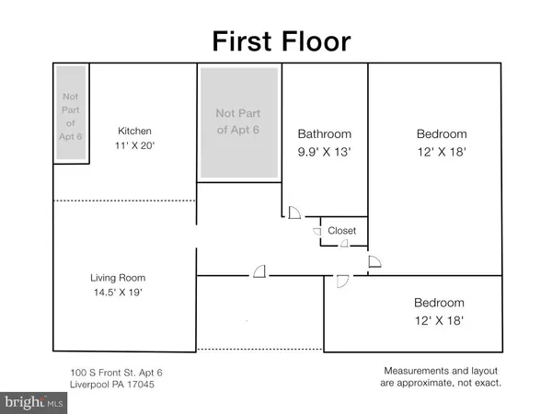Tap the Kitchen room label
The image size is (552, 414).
tap(134, 132)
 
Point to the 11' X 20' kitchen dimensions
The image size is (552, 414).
tap(134, 146)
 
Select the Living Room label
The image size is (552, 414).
tap(118, 278)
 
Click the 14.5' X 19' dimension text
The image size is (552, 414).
tap(118, 293)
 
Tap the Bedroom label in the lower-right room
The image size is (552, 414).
tap(439, 303)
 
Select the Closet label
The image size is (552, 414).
tap(342, 231)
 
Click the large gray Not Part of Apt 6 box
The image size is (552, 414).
tap(238, 122)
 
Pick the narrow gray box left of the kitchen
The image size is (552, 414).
tap(71, 112)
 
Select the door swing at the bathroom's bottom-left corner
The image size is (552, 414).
tap(293, 213)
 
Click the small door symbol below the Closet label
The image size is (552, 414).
tap(344, 244)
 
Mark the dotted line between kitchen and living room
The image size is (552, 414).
tap(124, 201)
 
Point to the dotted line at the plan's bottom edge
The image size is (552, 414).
tap(259, 349)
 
